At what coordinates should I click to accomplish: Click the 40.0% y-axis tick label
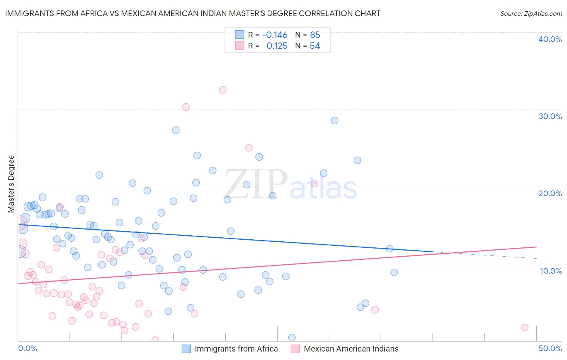tap(550, 39)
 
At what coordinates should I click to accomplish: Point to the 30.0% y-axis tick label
tap(550, 116)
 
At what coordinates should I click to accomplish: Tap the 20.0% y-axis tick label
tap(550, 193)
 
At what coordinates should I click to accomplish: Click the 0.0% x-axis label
tap(27, 348)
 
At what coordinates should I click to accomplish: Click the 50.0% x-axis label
tap(550, 348)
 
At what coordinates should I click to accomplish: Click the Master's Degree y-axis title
tap(11, 184)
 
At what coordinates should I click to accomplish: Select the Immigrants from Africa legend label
tap(236, 349)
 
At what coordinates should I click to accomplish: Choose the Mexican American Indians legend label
tap(351, 349)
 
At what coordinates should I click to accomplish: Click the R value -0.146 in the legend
tap(275, 35)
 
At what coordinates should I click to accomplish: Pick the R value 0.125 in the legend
tap(277, 46)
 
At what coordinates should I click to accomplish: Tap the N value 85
tap(315, 35)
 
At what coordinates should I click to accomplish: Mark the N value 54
tap(315, 46)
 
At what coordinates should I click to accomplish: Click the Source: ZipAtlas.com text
tap(531, 14)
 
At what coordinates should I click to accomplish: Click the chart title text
tap(193, 14)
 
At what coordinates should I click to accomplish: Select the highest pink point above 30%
tap(223, 90)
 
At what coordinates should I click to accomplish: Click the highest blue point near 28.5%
tap(335, 121)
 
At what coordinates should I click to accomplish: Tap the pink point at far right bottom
tap(525, 327)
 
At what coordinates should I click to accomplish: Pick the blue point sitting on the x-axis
tap(292, 337)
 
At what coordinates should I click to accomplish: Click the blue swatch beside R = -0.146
tap(240, 35)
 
